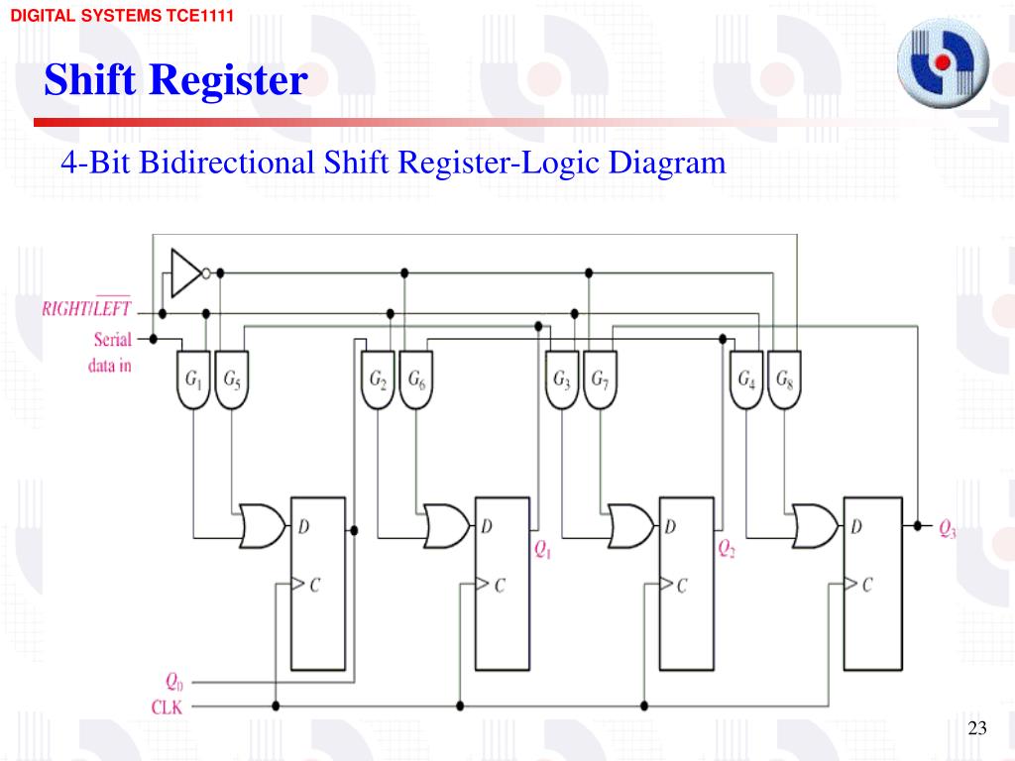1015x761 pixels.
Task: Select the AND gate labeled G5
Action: coord(231,380)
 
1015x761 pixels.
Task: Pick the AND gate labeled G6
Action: coord(415,380)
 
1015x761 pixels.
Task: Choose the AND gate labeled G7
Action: coord(600,380)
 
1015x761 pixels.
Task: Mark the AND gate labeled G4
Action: coord(746,380)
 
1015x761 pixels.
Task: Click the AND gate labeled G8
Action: coord(783,380)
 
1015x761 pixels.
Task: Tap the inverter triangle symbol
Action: coord(185,272)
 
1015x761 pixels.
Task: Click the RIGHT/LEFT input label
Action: coord(86,308)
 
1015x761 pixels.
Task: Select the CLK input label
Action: coord(166,707)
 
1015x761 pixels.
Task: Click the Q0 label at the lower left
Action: coord(173,682)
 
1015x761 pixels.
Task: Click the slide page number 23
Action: coord(977,729)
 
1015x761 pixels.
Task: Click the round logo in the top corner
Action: coord(943,64)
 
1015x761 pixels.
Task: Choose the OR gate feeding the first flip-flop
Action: coord(262,526)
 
